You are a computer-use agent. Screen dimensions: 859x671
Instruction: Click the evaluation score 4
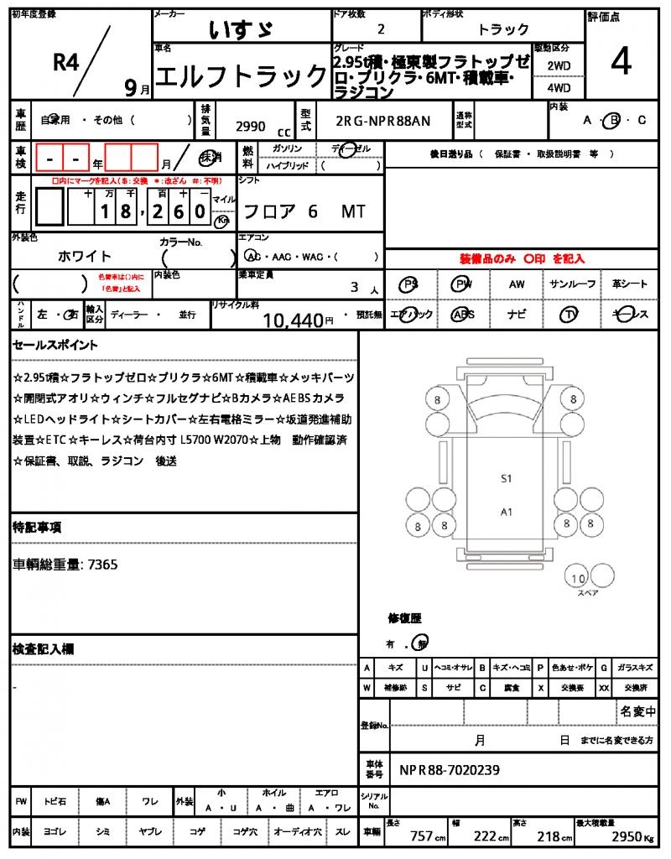621,64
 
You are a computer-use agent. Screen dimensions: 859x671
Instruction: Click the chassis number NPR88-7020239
450,769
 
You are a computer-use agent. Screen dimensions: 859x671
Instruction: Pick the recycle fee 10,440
293,319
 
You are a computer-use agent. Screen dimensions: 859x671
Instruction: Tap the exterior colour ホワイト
85,256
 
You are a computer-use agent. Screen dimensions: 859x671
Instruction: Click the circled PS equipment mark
410,285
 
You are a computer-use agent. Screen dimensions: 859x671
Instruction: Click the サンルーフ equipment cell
573,285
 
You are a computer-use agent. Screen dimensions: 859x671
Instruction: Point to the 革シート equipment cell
628,285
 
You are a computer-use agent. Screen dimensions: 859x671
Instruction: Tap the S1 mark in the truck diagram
506,479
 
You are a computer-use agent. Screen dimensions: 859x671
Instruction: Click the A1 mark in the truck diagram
506,511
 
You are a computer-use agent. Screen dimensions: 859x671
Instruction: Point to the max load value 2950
626,836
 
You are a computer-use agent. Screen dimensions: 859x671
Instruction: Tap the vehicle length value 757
420,836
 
